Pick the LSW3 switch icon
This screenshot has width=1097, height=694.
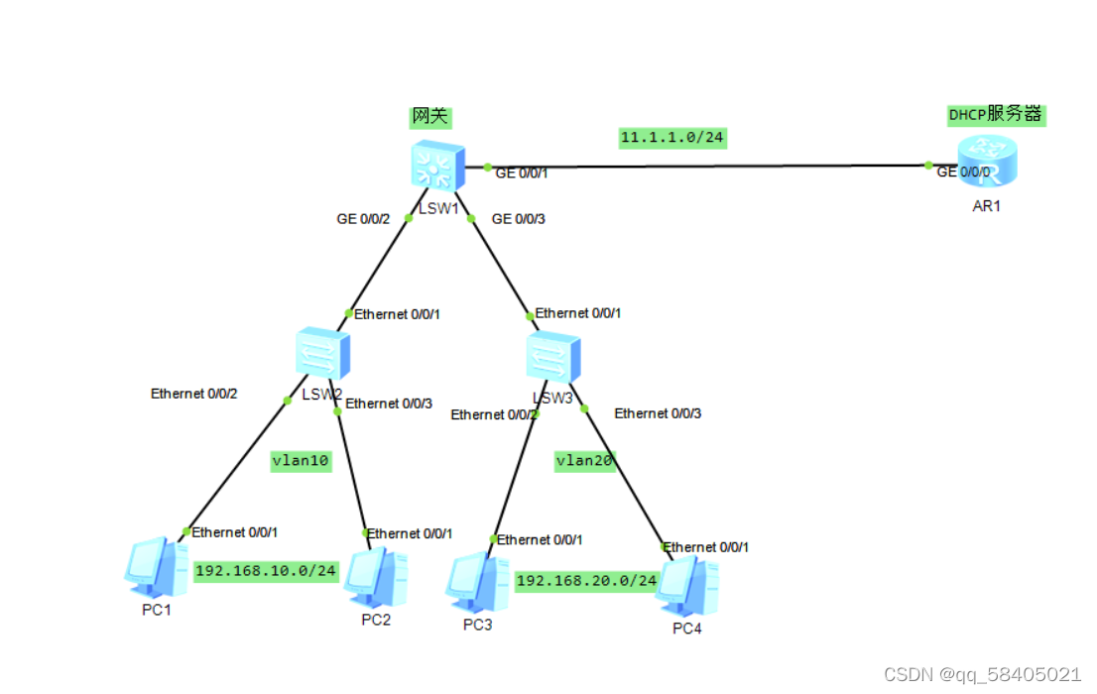552,357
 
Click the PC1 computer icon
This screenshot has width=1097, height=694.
156,567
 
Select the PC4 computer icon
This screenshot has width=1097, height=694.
687,587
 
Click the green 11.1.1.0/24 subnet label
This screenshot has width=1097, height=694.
672,137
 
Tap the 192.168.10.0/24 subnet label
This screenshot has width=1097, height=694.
266,571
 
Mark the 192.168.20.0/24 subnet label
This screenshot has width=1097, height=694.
587,580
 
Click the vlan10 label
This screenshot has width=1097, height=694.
301,461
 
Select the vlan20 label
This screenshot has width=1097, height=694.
585,460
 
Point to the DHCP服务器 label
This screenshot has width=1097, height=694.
996,115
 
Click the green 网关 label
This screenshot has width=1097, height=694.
430,117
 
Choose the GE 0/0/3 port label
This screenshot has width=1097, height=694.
519,219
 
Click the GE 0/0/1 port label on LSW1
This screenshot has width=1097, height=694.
522,173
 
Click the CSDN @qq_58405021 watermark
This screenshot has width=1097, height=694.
981,674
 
